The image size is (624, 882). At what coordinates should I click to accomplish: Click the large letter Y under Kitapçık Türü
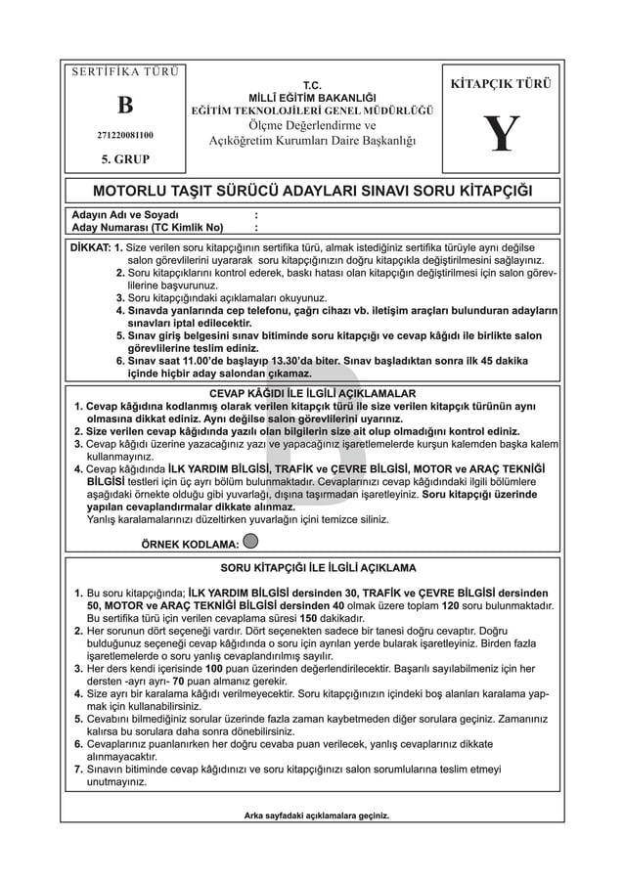[500, 134]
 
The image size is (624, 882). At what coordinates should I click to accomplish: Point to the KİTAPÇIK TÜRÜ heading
[499, 84]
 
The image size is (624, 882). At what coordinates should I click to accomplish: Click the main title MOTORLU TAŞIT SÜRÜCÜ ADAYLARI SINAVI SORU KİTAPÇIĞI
[312, 189]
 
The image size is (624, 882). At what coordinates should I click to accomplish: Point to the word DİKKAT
[88, 247]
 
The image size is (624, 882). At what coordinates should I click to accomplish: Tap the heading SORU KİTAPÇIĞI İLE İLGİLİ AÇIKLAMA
[312, 567]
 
